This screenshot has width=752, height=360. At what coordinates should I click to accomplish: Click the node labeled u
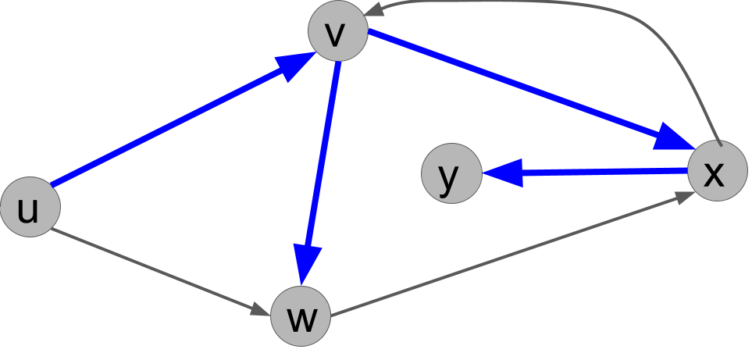pyautogui.click(x=30, y=207)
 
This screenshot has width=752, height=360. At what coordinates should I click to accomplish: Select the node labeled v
pyautogui.click(x=337, y=31)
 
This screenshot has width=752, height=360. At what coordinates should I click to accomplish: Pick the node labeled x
pyautogui.click(x=717, y=170)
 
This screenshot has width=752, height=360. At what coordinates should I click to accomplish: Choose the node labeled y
pyautogui.click(x=451, y=173)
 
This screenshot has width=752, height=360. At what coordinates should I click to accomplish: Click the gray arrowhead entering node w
pyautogui.click(x=261, y=309)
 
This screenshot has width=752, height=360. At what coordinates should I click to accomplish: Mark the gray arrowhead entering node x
pyautogui.click(x=686, y=197)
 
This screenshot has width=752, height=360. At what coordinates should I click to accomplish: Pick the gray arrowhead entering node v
pyautogui.click(x=377, y=10)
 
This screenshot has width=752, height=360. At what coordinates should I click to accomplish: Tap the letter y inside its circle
pyautogui.click(x=449, y=176)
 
